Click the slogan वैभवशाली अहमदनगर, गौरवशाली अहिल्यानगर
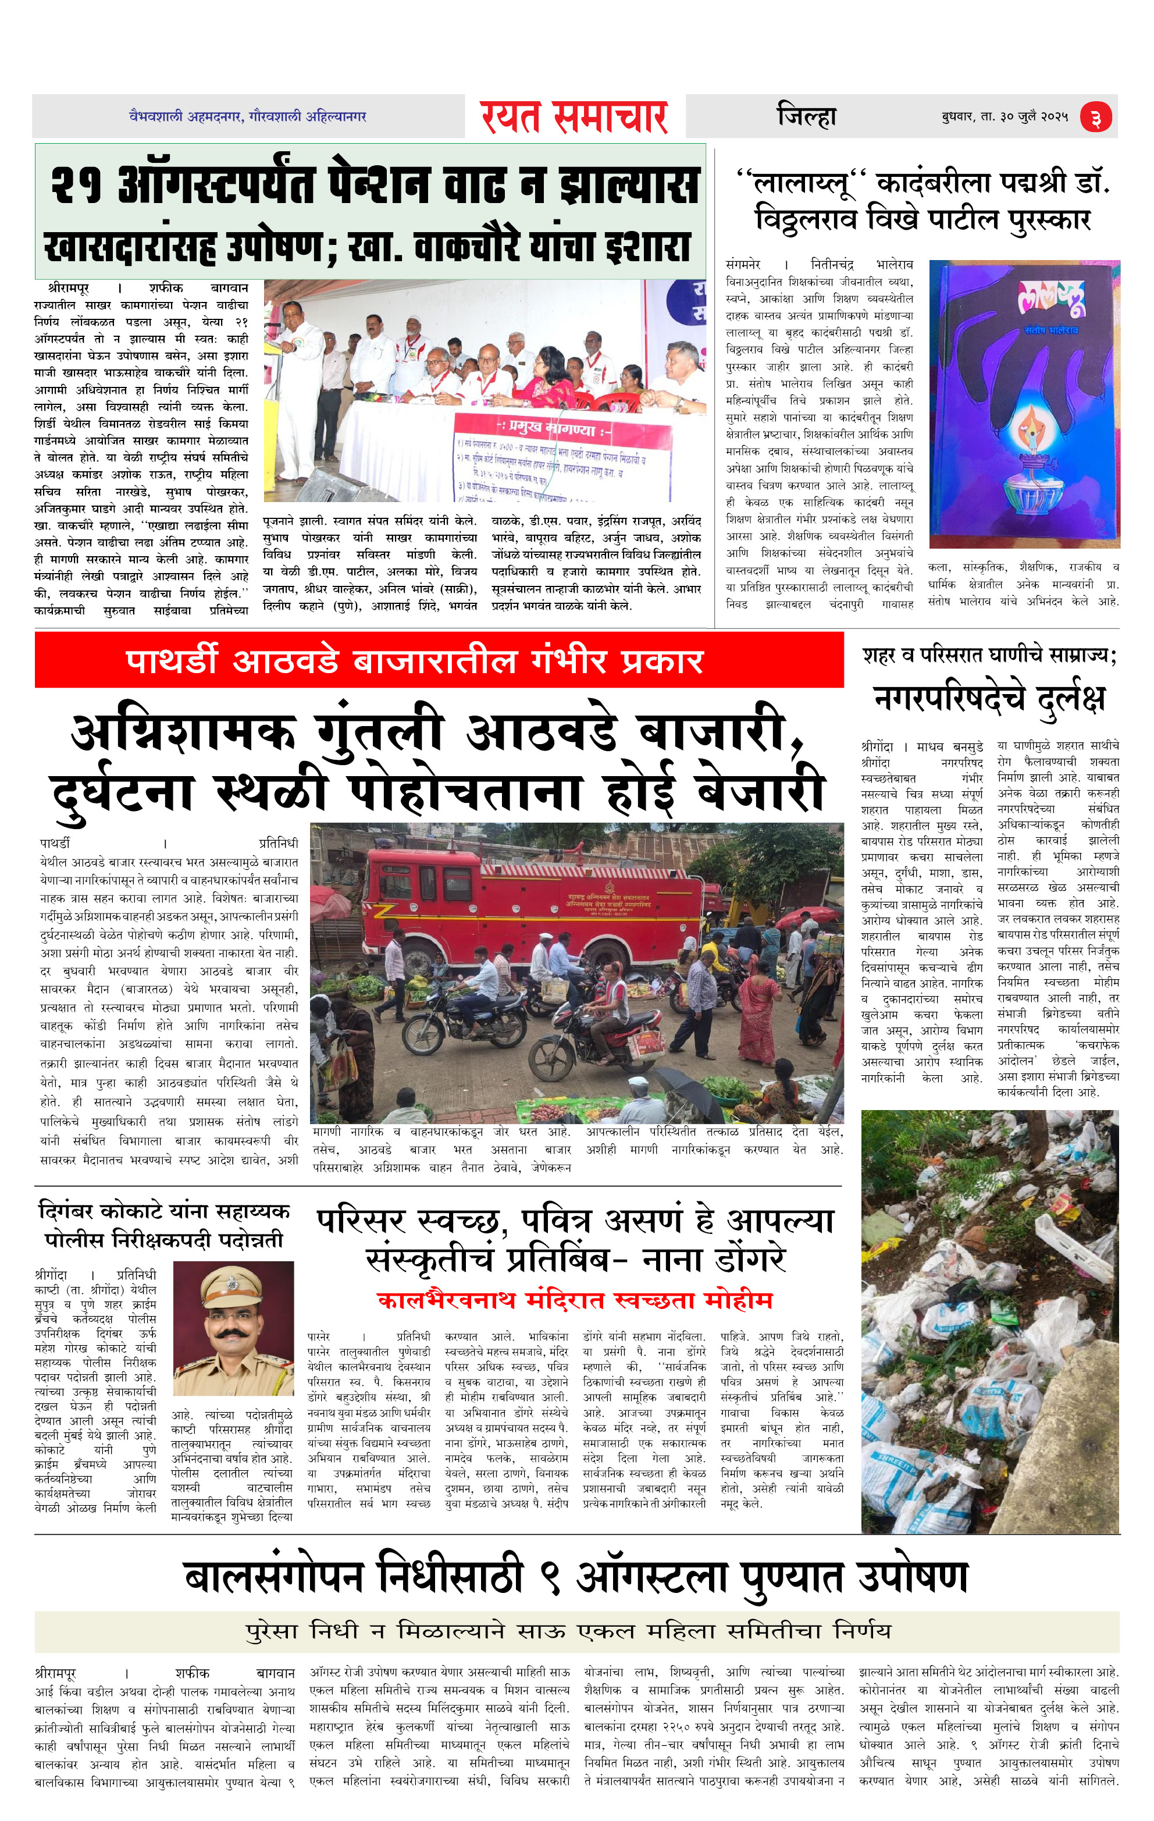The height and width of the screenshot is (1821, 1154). (247, 116)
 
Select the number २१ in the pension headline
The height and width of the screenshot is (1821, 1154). (76, 185)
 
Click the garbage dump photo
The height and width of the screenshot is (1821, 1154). (989, 1319)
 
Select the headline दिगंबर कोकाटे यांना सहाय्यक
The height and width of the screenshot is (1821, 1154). (164, 1211)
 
